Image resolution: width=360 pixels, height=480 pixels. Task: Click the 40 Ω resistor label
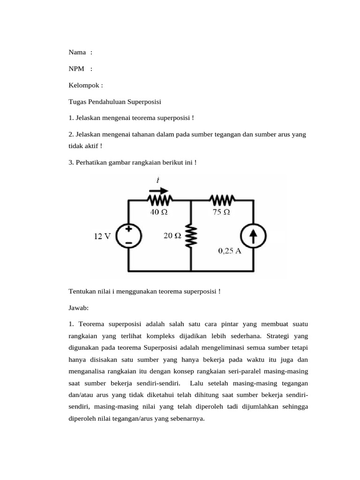tap(159, 212)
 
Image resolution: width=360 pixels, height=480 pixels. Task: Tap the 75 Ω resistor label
tap(221, 212)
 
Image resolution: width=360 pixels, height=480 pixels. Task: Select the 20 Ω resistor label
tap(172, 236)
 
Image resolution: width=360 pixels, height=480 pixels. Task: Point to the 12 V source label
tap(102, 237)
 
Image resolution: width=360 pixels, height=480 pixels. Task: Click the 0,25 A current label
tap(230, 251)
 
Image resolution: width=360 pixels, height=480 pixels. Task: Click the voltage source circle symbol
tap(128, 235)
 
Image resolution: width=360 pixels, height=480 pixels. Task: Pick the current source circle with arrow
tap(254, 235)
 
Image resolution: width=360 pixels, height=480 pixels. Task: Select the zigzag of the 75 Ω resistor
tap(223, 200)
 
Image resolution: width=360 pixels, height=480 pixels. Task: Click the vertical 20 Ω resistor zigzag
tap(191, 237)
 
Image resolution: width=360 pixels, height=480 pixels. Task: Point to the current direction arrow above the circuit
tap(158, 190)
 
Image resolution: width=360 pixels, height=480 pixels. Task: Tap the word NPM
tap(76, 69)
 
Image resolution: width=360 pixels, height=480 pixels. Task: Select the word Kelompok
tap(83, 86)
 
